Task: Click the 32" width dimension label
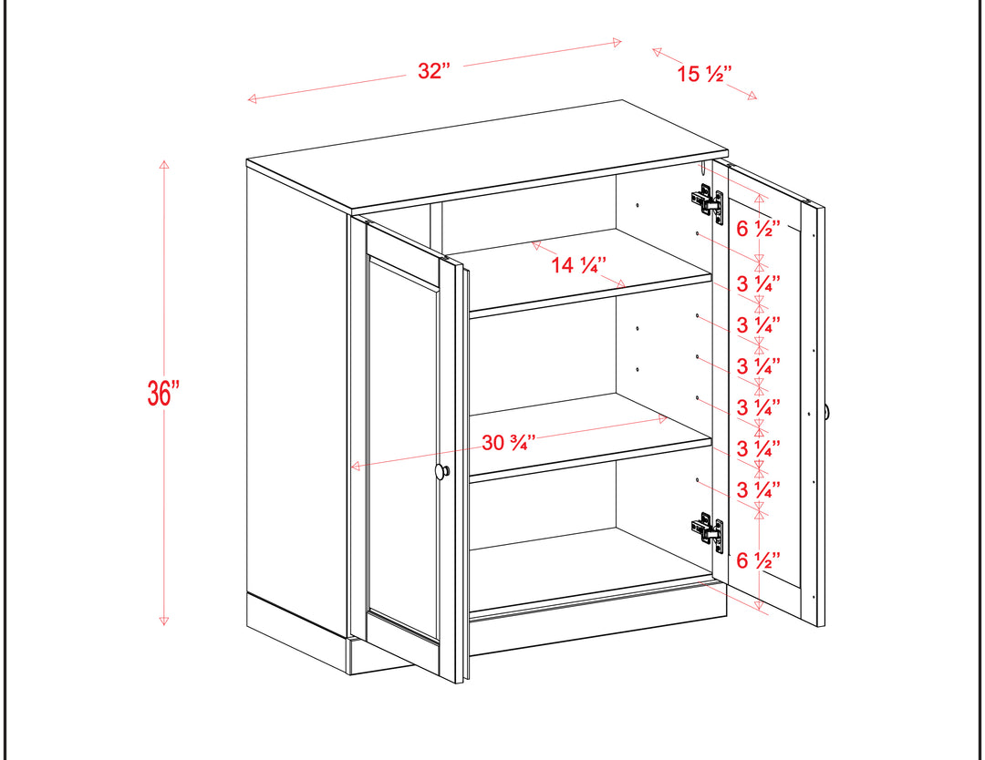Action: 434,70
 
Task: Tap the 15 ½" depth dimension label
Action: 704,74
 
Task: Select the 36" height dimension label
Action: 163,393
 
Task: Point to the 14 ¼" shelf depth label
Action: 578,265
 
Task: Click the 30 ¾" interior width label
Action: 509,443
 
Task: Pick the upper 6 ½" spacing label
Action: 758,229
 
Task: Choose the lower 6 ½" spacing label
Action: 758,560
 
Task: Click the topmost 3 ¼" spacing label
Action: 758,283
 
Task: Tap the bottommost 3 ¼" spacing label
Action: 758,489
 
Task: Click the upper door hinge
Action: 708,200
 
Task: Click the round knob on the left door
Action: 442,471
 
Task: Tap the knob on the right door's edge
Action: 827,412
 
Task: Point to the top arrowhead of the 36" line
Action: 164,164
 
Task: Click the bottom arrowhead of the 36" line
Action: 164,621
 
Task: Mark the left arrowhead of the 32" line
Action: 252,98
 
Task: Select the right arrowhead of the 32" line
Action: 617,43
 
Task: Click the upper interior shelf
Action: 590,273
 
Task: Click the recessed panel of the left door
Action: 402,448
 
